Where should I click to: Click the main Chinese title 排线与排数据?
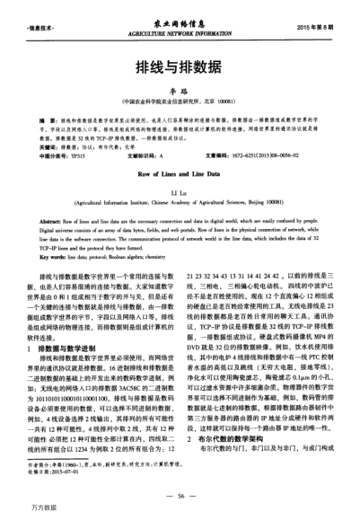(x=179, y=66)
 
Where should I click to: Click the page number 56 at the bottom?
(x=180, y=495)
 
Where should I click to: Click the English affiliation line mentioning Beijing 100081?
(x=179, y=203)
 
